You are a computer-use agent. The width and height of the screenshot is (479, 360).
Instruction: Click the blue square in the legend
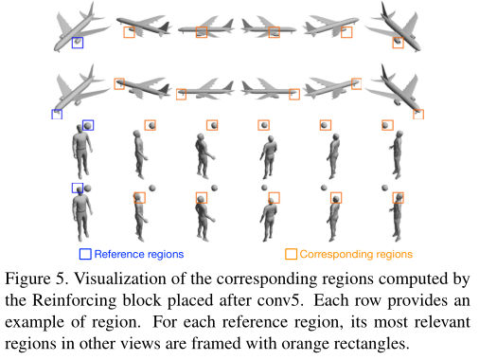coord(85,253)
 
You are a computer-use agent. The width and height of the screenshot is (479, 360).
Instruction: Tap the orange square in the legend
coord(291,253)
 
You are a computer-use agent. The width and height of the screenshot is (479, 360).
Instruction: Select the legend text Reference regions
coord(139,254)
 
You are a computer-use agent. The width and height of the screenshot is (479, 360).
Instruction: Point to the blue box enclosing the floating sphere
coord(88,125)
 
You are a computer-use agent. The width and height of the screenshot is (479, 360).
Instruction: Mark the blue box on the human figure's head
coord(77,189)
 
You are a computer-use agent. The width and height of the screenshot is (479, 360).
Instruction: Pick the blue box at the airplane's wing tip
coord(58,115)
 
